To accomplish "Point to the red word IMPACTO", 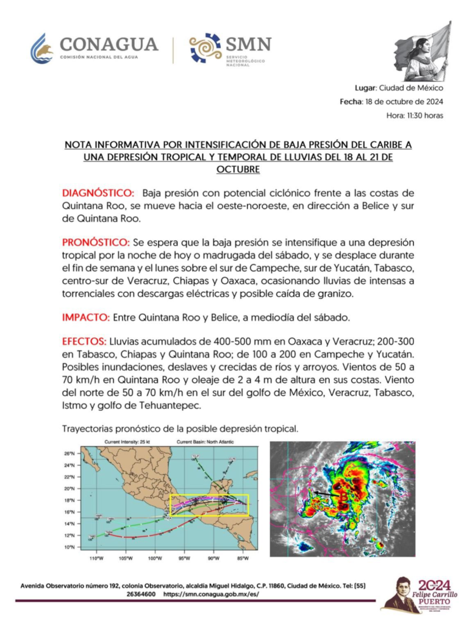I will click(x=85, y=317).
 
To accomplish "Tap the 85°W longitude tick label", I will click(x=241, y=559).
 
